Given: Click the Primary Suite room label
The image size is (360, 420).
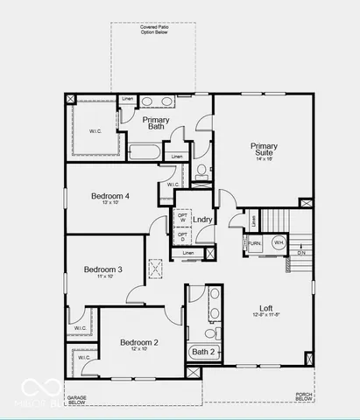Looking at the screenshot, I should [264, 147].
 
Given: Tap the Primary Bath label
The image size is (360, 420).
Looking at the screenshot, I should [156, 122].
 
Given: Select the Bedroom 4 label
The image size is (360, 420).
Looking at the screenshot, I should [110, 196].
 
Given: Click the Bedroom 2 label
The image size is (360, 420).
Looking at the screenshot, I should [138, 342].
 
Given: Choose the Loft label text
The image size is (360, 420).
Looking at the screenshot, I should [266, 308].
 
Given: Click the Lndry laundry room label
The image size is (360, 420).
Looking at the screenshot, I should [202, 219].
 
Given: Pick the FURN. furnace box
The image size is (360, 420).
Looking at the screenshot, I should [255, 243].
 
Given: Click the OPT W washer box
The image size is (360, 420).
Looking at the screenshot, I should [182, 217].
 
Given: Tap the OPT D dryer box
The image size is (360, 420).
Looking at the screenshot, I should [182, 236].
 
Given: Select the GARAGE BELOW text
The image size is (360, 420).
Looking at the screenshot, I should [78, 401].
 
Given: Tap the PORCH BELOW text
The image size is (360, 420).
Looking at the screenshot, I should [304, 396].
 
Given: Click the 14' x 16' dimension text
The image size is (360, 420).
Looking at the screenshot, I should [264, 158].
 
